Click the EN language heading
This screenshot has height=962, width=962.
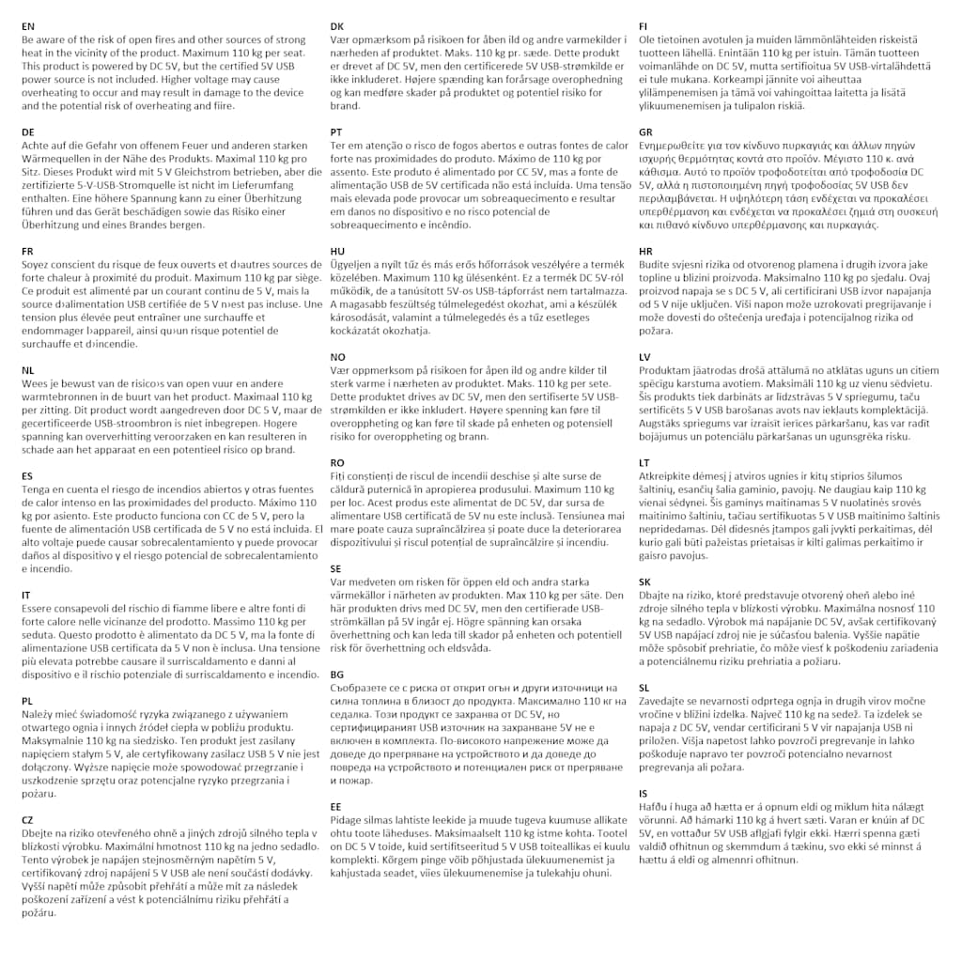(28, 26)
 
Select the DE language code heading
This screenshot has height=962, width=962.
(28, 132)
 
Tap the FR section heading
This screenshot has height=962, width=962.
(27, 252)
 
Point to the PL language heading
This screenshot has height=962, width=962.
(27, 701)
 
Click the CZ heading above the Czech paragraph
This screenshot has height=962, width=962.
(27, 819)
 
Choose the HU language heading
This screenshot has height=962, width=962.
(337, 252)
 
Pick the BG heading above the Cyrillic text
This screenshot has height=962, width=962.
(337, 675)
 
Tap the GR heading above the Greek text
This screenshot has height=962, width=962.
(645, 132)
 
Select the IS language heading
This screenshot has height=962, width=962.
(644, 793)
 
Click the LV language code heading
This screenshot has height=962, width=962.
(644, 357)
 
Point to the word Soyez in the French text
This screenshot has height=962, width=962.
(38, 265)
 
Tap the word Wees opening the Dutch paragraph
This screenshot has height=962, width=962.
(36, 383)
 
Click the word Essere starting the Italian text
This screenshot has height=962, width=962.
(39, 609)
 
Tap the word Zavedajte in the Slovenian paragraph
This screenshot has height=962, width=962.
(665, 701)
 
